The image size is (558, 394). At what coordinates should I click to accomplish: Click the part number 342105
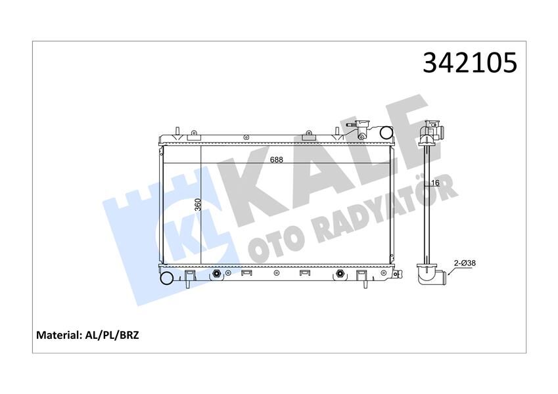469,64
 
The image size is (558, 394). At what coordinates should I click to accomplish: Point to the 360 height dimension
197,205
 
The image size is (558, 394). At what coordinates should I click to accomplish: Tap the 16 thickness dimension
435,183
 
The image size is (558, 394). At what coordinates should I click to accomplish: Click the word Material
58,335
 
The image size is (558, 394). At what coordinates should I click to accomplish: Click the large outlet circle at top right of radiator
383,133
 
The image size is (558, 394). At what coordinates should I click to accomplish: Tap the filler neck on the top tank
361,128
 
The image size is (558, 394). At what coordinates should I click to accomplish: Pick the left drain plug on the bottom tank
217,273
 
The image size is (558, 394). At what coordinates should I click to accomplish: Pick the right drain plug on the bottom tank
339,273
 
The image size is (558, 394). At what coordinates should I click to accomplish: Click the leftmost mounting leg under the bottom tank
189,279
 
